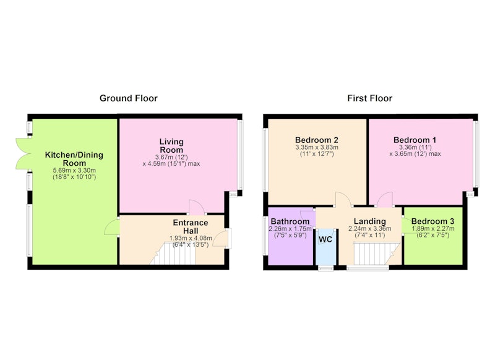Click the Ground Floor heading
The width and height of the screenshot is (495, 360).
[x=129, y=98]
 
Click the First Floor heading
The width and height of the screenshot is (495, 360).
[x=369, y=98]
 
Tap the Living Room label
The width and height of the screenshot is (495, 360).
[x=171, y=146]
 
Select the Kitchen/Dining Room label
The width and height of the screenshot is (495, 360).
[x=74, y=159]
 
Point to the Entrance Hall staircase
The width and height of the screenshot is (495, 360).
[x=173, y=254]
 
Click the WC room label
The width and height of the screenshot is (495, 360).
[x=325, y=239]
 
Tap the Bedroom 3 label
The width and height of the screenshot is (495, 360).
[x=433, y=221]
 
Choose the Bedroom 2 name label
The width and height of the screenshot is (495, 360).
[x=317, y=140]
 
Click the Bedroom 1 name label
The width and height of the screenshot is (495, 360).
[x=415, y=140]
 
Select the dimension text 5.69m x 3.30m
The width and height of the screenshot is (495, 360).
[x=74, y=170]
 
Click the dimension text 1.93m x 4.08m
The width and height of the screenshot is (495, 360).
[x=191, y=238]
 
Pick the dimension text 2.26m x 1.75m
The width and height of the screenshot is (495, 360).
[x=290, y=229]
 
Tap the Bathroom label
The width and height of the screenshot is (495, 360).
[x=290, y=221]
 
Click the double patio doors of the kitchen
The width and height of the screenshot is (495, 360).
[x=24, y=153]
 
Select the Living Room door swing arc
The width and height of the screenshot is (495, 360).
[x=196, y=207]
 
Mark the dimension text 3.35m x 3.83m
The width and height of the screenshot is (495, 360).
[x=317, y=147]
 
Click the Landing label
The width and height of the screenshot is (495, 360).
[x=369, y=221]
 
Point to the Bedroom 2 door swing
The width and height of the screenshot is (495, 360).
[x=343, y=199]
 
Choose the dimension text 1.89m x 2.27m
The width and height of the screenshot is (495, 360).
[x=433, y=229]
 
